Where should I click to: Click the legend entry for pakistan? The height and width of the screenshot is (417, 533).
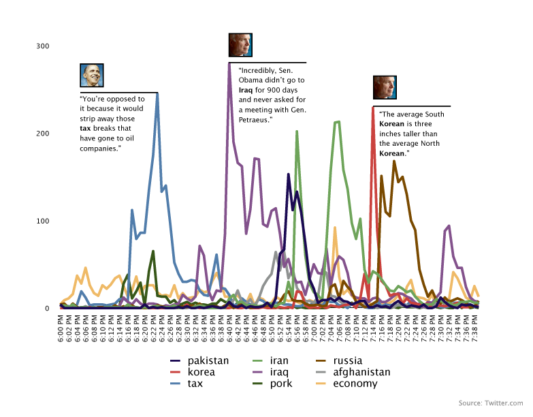pos(199,360)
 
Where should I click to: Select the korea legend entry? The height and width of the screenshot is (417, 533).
pos(193,372)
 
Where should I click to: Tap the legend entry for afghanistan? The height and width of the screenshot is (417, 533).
pos(353,372)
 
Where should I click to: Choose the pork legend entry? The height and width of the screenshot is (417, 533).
pos(272,384)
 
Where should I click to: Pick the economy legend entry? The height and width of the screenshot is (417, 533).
pos(346,384)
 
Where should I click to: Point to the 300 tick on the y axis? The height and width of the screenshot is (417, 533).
pos(43,46)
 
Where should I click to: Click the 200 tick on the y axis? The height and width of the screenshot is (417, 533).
pos(43,134)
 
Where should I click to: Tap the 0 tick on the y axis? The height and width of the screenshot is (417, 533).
pos(47,309)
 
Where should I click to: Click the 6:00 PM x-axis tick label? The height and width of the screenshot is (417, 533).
pos(61,328)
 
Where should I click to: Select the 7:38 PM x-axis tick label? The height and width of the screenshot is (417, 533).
pos(475,328)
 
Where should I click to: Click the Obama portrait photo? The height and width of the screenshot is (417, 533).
pos(92,75)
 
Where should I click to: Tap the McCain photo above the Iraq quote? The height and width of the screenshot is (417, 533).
pos(241,45)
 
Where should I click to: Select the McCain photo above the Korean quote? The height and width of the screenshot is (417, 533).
pos(385,87)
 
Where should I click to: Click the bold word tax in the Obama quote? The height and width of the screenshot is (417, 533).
pos(85,128)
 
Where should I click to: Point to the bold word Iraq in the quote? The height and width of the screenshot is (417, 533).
pos(246,90)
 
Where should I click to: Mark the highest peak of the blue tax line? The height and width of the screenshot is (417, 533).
pos(157,93)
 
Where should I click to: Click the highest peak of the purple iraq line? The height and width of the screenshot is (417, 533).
pos(229,64)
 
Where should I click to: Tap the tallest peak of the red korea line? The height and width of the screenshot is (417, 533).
pos(373,108)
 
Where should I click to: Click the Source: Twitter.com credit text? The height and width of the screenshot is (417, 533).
pos(491,403)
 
